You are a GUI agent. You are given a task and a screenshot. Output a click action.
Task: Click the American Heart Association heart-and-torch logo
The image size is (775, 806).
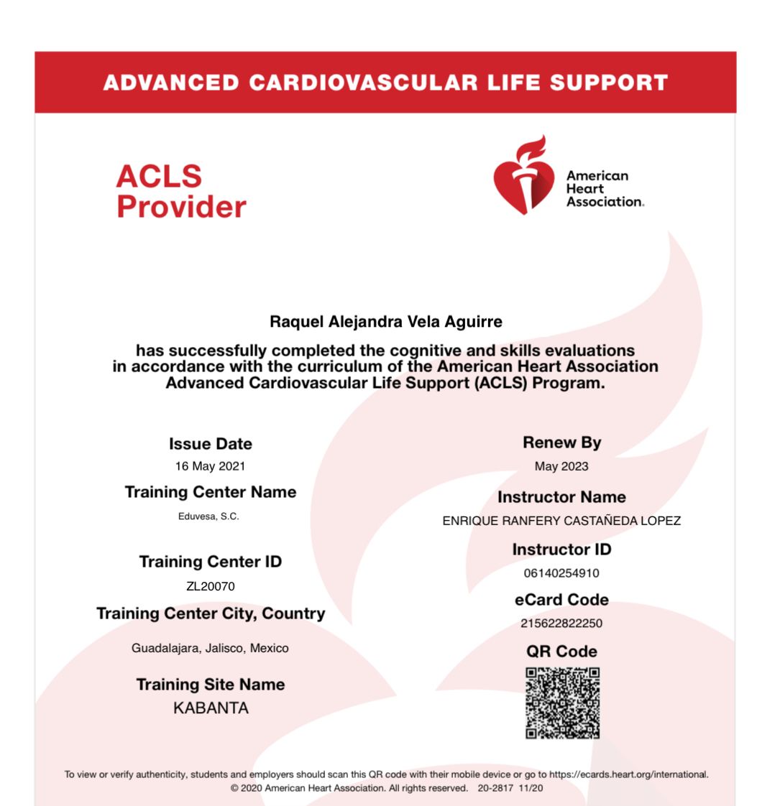(523, 175)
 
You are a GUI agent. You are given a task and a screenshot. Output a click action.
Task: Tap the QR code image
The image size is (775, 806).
(562, 703)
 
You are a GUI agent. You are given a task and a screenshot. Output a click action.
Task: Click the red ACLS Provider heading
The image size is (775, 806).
(181, 192)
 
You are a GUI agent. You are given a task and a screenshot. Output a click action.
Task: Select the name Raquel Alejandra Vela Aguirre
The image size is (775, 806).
(386, 323)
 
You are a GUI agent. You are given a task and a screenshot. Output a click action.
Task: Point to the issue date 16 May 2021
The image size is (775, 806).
(210, 466)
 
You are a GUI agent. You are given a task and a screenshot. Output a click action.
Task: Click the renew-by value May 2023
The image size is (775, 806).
(561, 466)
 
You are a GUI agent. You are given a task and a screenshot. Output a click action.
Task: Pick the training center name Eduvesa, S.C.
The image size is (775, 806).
(208, 517)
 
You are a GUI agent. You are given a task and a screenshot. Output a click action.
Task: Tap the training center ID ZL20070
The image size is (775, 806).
(210, 586)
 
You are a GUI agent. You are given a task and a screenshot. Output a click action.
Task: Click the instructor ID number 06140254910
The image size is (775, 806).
(561, 573)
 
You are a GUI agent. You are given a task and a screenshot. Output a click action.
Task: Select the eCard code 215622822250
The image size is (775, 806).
(561, 623)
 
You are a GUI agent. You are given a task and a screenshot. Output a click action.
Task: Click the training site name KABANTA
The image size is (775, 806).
(211, 708)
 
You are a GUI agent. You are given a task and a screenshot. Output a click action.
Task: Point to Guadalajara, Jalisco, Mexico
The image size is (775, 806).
(210, 648)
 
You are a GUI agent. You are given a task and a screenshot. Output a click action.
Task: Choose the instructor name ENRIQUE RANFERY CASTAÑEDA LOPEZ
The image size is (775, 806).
(561, 521)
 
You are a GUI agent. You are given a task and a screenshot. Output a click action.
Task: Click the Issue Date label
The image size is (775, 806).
(211, 444)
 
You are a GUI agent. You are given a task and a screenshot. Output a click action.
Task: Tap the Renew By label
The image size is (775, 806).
(561, 443)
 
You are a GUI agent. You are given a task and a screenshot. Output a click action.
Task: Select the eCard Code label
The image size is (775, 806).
(561, 600)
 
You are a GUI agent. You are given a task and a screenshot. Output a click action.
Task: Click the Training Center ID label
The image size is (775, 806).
(211, 562)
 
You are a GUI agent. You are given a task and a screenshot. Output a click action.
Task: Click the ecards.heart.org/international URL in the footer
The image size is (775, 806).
(628, 774)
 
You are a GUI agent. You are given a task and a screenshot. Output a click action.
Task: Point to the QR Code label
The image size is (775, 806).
(561, 652)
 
